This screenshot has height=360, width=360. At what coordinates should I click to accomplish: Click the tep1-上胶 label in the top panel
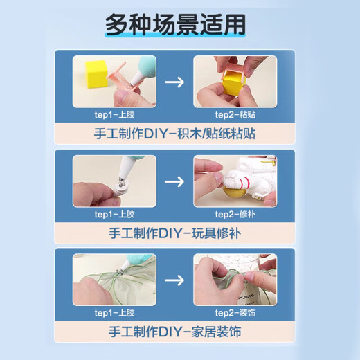[115, 116]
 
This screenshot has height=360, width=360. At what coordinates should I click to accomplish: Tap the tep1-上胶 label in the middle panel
[115, 215]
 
